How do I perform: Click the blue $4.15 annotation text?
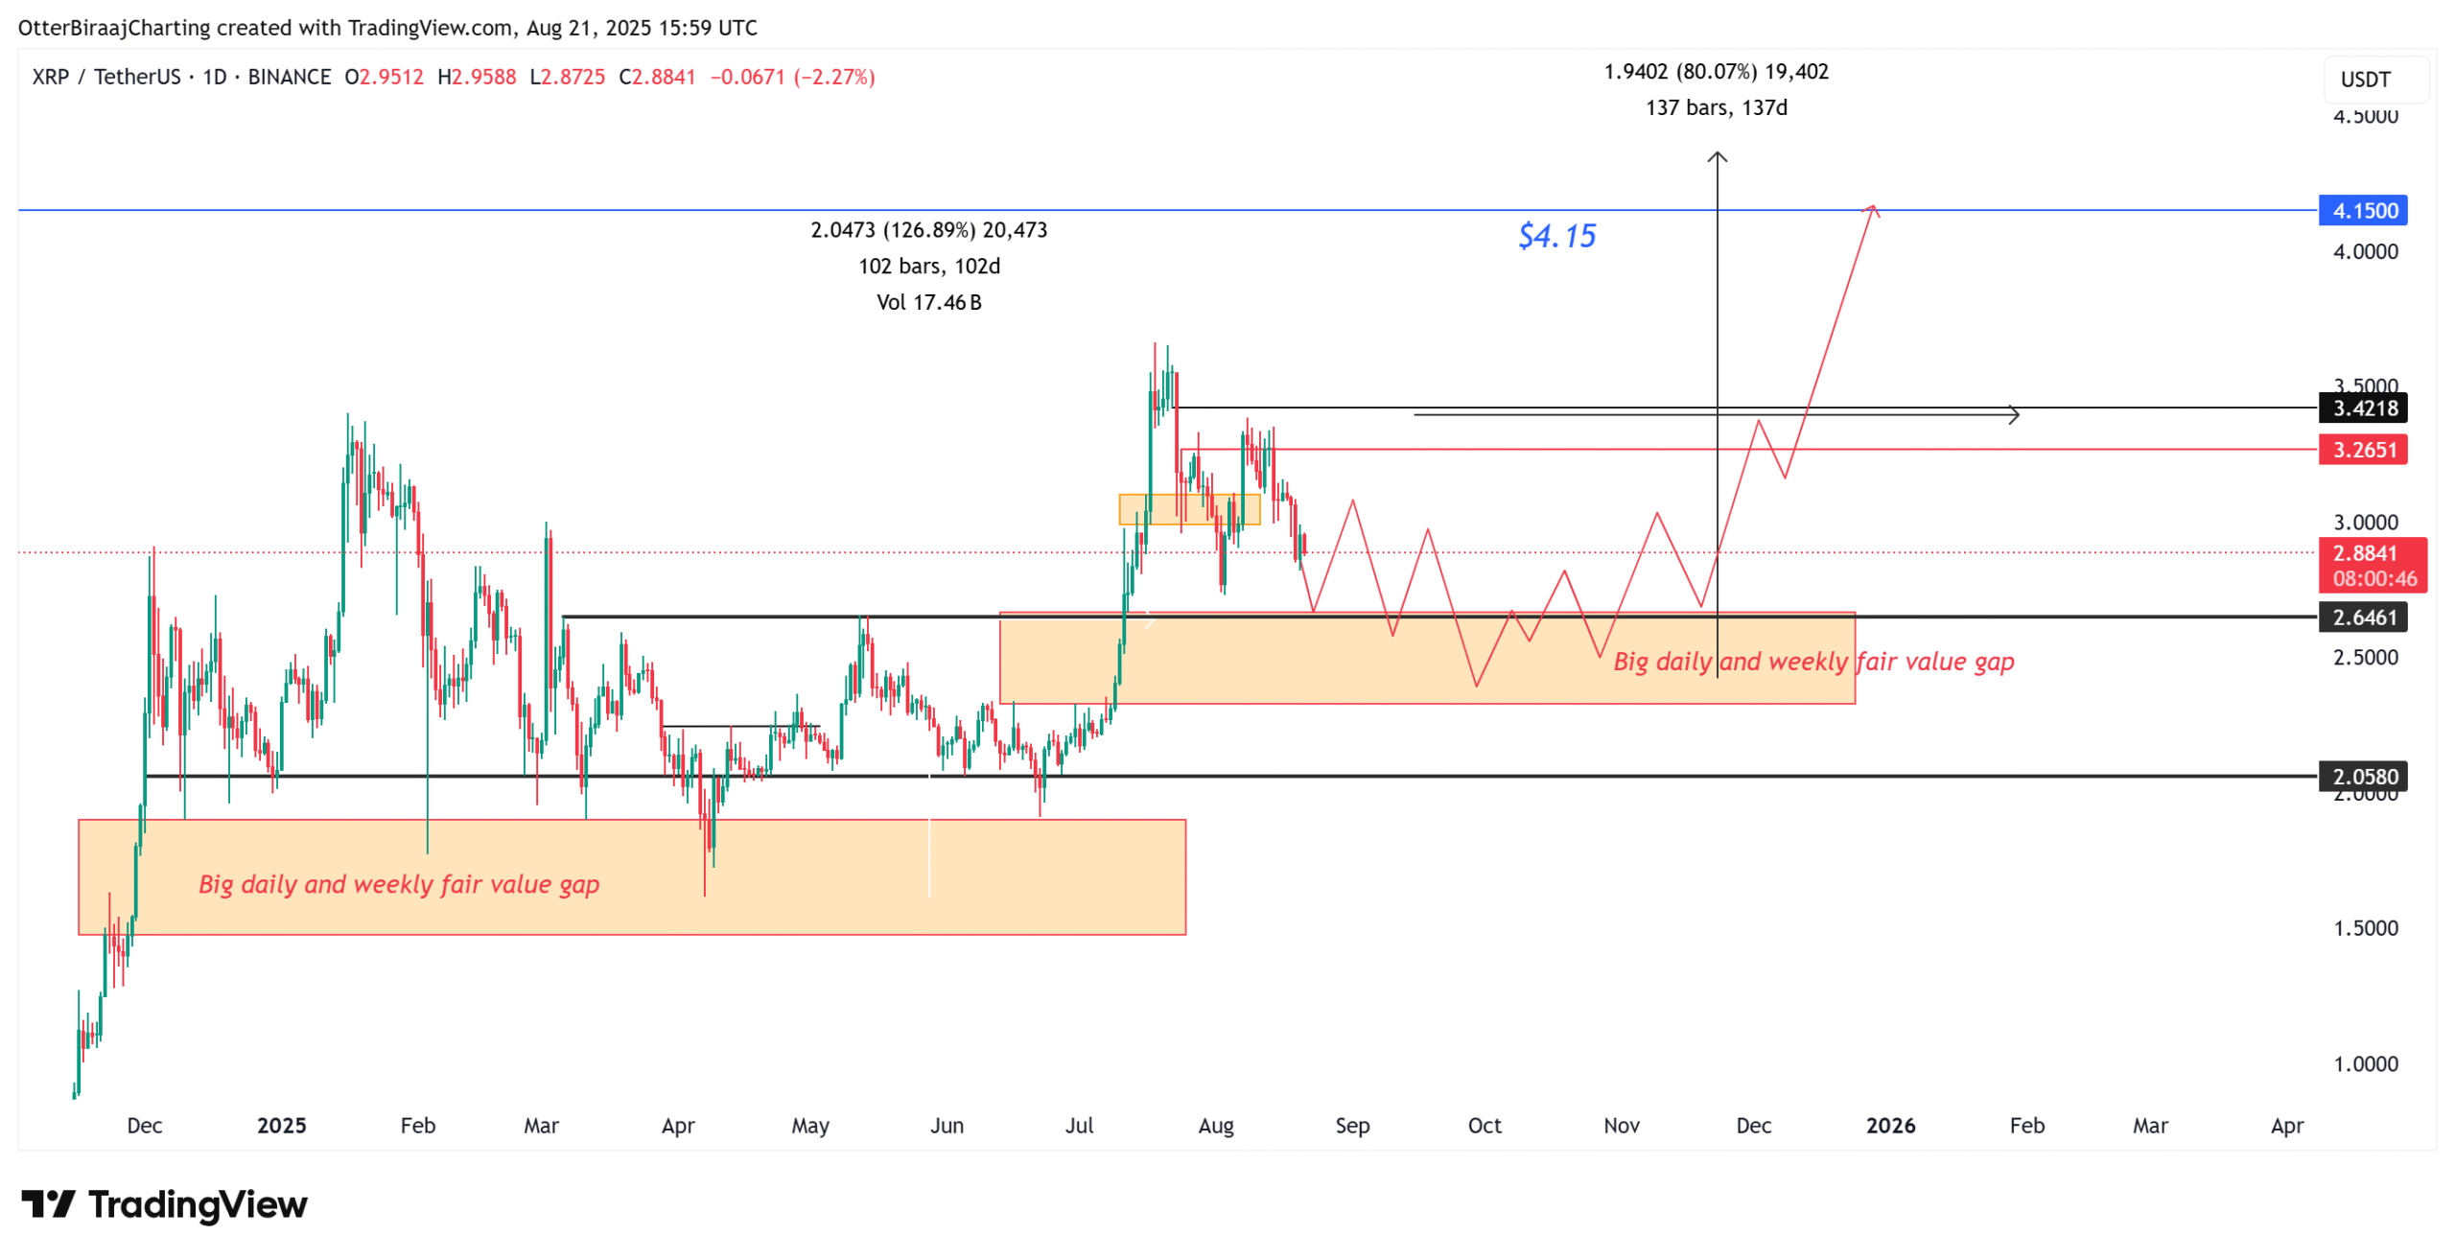tap(1555, 236)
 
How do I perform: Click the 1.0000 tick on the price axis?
tap(2365, 1063)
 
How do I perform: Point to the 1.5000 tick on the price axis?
tap(2365, 927)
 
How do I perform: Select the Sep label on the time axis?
tap(1351, 1125)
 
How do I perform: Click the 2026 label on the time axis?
tap(1889, 1125)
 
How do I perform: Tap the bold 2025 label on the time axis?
tap(281, 1125)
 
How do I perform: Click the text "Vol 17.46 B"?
tap(928, 303)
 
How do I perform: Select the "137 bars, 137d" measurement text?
tap(1716, 107)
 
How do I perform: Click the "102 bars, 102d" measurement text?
tap(928, 267)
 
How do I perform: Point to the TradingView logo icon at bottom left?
tap(48, 1203)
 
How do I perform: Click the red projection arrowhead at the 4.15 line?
tap(1870, 209)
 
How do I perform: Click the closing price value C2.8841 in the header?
tap(657, 77)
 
